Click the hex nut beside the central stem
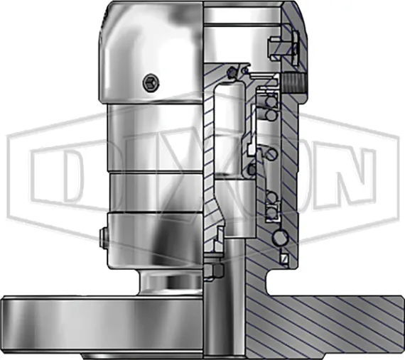pos(214,272)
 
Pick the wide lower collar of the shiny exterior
pos(153,241)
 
